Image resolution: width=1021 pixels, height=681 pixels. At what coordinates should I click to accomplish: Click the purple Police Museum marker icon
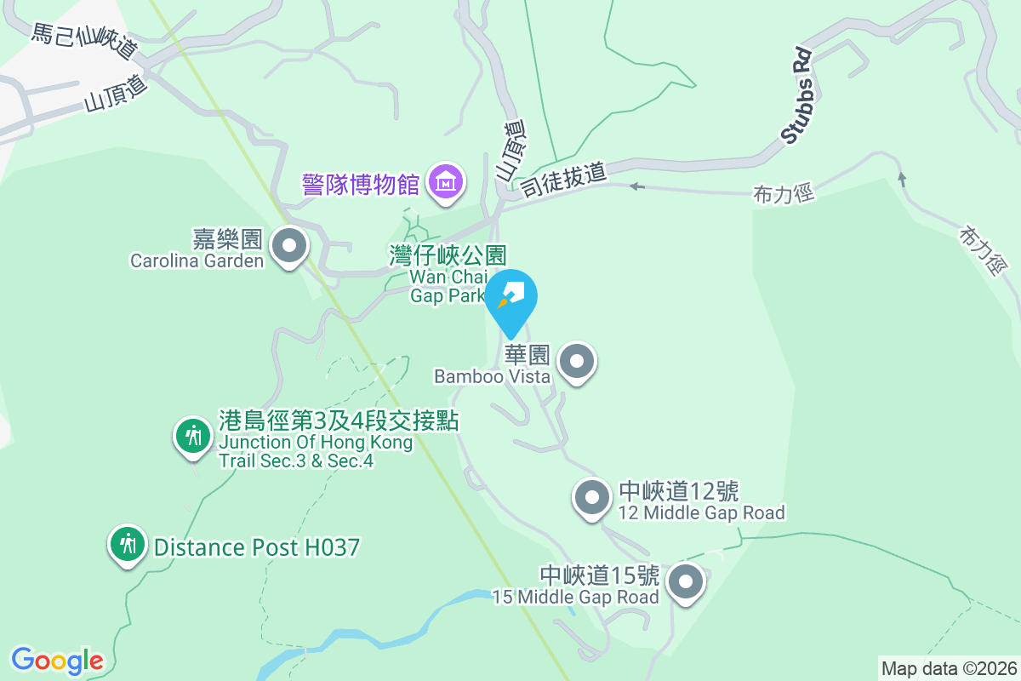pos(446,181)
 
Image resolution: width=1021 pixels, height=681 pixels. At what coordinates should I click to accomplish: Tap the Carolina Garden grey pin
pos(289,246)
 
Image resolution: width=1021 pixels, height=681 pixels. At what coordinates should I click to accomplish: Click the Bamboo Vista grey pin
pos(578,362)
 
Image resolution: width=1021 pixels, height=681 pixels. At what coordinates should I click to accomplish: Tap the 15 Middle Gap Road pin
pos(686,583)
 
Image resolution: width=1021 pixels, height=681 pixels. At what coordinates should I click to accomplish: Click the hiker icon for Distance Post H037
pos(128,543)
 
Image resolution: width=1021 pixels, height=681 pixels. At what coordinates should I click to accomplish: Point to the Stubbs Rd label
pos(796,96)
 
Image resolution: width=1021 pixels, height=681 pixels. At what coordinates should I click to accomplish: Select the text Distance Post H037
pos(257,547)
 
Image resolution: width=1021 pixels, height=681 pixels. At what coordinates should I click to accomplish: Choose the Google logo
pos(57,660)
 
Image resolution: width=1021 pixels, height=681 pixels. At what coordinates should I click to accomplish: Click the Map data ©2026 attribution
pos(949,667)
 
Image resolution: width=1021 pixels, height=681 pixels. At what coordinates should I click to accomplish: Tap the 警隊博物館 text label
pos(362,183)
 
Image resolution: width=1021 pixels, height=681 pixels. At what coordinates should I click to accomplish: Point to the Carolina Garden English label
pos(197,261)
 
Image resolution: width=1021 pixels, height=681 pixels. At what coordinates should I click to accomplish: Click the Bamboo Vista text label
pos(492,375)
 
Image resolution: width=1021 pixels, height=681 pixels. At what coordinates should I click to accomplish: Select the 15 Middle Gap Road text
pos(575,597)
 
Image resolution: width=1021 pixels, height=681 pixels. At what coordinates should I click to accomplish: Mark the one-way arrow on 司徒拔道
pos(636,186)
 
